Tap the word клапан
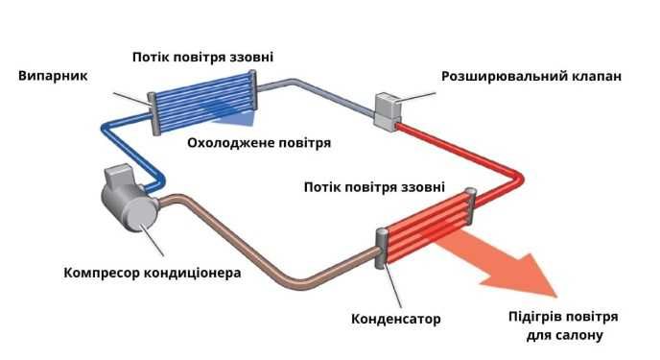coord(594,76)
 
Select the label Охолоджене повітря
coord(259,143)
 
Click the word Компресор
coord(103,272)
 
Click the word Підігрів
coord(536,316)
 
